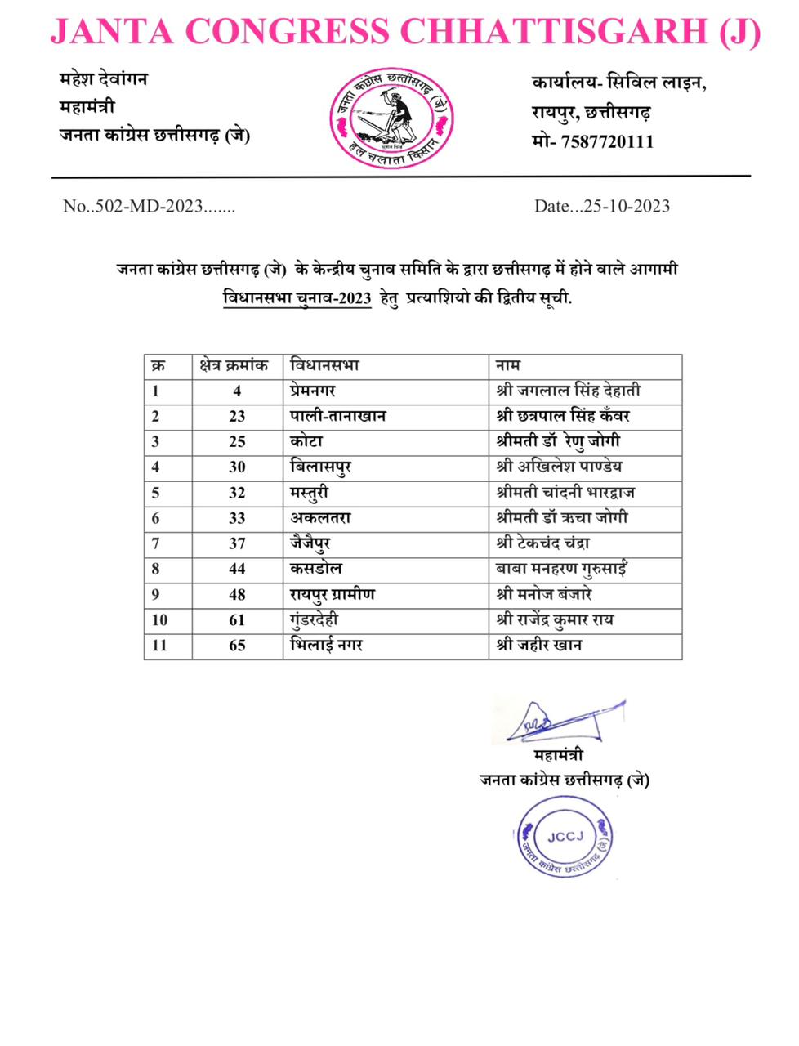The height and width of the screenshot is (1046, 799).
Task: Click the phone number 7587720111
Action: [x=607, y=141]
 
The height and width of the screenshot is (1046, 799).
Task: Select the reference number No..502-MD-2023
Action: [x=149, y=206]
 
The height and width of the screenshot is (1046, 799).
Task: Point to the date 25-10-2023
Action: [x=627, y=206]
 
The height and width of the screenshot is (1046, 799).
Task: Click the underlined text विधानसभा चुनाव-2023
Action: [x=297, y=297]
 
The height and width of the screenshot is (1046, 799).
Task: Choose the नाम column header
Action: [x=508, y=365]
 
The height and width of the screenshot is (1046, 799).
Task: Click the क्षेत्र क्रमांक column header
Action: [x=234, y=365]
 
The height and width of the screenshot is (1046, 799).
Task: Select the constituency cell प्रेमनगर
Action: [x=313, y=391]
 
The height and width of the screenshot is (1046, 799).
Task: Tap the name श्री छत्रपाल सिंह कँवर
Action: [x=563, y=416]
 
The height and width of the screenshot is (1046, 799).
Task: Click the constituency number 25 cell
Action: [x=237, y=441]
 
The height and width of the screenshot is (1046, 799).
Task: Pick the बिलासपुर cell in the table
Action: [x=321, y=467]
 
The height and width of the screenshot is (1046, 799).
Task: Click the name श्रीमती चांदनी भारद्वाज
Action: [x=565, y=492]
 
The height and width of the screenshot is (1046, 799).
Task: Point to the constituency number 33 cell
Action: [x=237, y=518]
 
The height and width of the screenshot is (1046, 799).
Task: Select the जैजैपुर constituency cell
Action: [x=310, y=543]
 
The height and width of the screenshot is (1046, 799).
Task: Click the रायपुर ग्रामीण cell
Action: [x=333, y=594]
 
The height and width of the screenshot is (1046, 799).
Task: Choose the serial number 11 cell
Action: [x=159, y=646]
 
